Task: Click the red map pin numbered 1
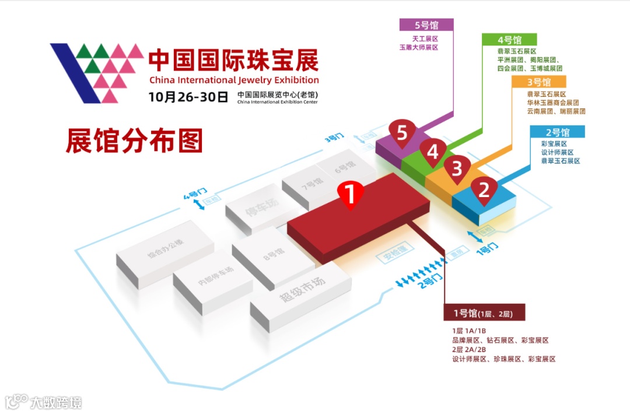pos(351,195)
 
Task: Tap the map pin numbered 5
pos(401,134)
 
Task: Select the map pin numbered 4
pos(432,152)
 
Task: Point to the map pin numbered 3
pos(457,169)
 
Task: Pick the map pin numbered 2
pos(484,189)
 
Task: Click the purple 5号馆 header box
pos(426,25)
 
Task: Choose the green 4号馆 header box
pos(509,40)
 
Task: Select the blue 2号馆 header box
pos(557,132)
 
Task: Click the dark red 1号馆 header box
pos(484,314)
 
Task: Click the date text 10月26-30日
pos(188,97)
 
